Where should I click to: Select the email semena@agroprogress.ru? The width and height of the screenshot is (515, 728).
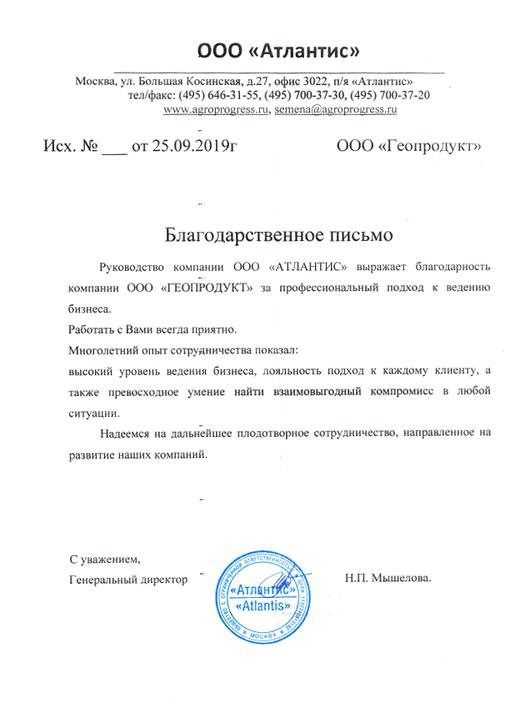[335, 109]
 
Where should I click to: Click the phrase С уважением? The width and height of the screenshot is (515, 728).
[100, 560]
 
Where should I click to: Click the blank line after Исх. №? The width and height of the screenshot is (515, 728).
[113, 148]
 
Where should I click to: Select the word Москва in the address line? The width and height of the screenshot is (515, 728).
[94, 82]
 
